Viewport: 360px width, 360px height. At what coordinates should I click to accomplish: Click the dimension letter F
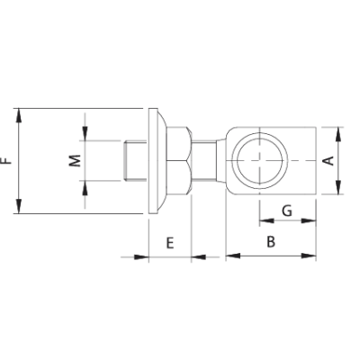click(x=8, y=161)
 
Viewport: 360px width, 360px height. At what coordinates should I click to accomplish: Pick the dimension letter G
click(x=286, y=211)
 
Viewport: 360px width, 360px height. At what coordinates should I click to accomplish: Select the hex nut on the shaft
click(x=176, y=160)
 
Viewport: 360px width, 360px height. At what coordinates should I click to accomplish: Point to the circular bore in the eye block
click(x=259, y=160)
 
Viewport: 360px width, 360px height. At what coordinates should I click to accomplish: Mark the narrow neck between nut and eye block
click(x=211, y=160)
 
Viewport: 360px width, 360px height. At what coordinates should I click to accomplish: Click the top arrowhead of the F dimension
click(x=19, y=112)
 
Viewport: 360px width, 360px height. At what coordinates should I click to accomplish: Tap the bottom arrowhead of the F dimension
click(x=19, y=209)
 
